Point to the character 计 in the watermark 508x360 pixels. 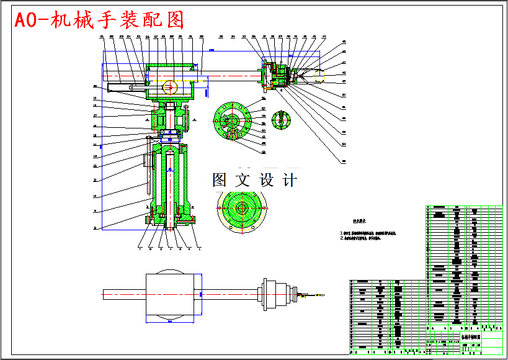(x=289, y=181)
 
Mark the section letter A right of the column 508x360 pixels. (x=195, y=118)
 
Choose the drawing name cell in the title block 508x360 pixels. (x=469, y=337)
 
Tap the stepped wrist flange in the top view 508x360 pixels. (x=277, y=294)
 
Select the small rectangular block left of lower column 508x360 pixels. (x=146, y=160)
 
